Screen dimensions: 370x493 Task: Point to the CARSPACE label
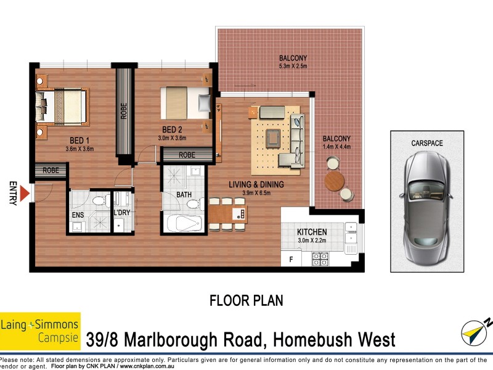[426, 143]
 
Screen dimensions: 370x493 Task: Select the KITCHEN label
[312, 232]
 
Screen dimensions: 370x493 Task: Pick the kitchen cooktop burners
[320, 259]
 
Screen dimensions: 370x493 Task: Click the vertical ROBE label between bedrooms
[124, 111]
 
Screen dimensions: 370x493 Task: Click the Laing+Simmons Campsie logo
[40, 331]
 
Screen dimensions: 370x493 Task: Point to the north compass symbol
[475, 332]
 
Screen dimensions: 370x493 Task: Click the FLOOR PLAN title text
[246, 301]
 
